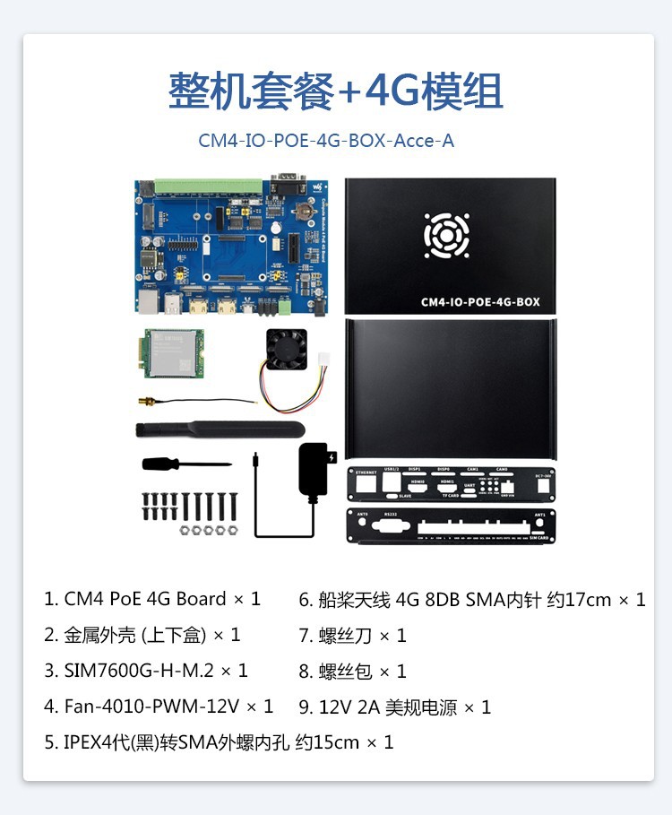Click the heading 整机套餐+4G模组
point(335,91)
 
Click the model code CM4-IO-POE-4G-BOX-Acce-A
point(326,141)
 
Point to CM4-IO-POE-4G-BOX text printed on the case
point(480,302)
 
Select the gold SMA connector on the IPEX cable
point(143,403)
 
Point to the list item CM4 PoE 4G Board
point(152,599)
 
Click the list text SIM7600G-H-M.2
point(146,671)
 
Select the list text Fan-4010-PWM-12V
point(159,707)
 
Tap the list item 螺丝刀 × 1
point(353,635)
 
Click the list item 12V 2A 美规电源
point(395,707)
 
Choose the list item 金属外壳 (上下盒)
point(142,635)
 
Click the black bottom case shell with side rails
point(450,388)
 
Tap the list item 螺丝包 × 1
point(353,671)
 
